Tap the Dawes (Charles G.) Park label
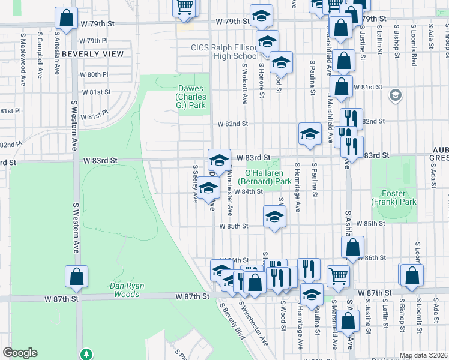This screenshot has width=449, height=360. tap(191, 92)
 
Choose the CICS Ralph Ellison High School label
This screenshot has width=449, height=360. tap(224, 52)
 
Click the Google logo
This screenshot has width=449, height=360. tap(20, 353)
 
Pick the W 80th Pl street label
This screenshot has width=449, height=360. tap(94, 74)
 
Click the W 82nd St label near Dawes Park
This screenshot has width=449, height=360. tap(233, 124)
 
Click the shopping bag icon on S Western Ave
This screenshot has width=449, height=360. tap(76, 277)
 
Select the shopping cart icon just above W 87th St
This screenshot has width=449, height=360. tap(339, 276)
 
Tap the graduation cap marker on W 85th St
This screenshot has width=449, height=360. tap(274, 217)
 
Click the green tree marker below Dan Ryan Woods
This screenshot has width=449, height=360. tap(88, 355)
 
